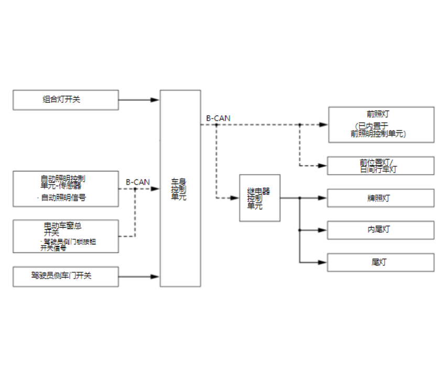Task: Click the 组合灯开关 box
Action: pyautogui.click(x=65, y=100)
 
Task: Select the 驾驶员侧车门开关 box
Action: pyautogui.click(x=65, y=276)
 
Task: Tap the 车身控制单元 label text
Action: pyautogui.click(x=179, y=189)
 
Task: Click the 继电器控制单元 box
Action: pyautogui.click(x=259, y=198)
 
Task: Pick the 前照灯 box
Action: pyautogui.click(x=380, y=124)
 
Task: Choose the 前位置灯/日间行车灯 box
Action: pyautogui.click(x=380, y=166)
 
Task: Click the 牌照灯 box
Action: pyautogui.click(x=380, y=198)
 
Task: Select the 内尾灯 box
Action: pyautogui.click(x=380, y=230)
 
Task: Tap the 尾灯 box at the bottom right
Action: pyautogui.click(x=380, y=262)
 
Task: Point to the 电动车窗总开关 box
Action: pyautogui.click(x=65, y=236)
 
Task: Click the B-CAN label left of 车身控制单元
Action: pyautogui.click(x=138, y=182)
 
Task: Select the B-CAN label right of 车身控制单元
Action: pyautogui.click(x=218, y=119)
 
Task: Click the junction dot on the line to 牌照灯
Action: pyautogui.click(x=299, y=198)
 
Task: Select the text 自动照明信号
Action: pyautogui.click(x=63, y=198)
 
